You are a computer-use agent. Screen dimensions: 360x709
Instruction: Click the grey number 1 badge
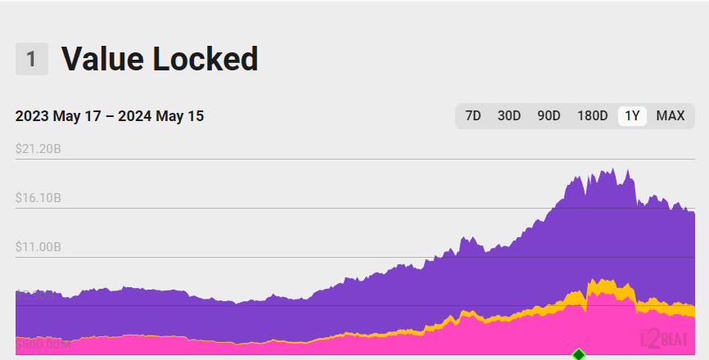click(x=31, y=60)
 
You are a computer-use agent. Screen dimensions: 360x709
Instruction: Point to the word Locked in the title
click(x=206, y=58)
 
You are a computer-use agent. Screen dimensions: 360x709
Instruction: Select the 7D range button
click(x=473, y=116)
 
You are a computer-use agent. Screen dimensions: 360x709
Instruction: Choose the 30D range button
click(x=509, y=116)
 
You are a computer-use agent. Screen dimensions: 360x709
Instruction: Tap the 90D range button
click(x=549, y=116)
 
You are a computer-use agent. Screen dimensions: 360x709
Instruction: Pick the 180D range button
click(x=592, y=116)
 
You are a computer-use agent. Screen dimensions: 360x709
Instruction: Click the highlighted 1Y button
click(x=632, y=116)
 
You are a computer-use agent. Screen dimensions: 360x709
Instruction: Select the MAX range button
click(x=671, y=116)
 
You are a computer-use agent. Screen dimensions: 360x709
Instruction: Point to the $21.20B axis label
click(x=38, y=149)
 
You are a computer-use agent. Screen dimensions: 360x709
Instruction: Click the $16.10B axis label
click(x=38, y=198)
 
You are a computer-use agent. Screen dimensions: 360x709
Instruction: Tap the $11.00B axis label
click(x=38, y=247)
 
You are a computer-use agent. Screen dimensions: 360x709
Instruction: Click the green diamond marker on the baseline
click(x=579, y=354)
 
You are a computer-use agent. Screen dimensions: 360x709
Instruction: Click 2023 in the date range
click(x=32, y=116)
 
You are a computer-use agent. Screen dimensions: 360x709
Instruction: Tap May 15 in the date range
click(x=181, y=116)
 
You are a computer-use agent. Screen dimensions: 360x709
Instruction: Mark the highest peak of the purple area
click(x=613, y=169)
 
